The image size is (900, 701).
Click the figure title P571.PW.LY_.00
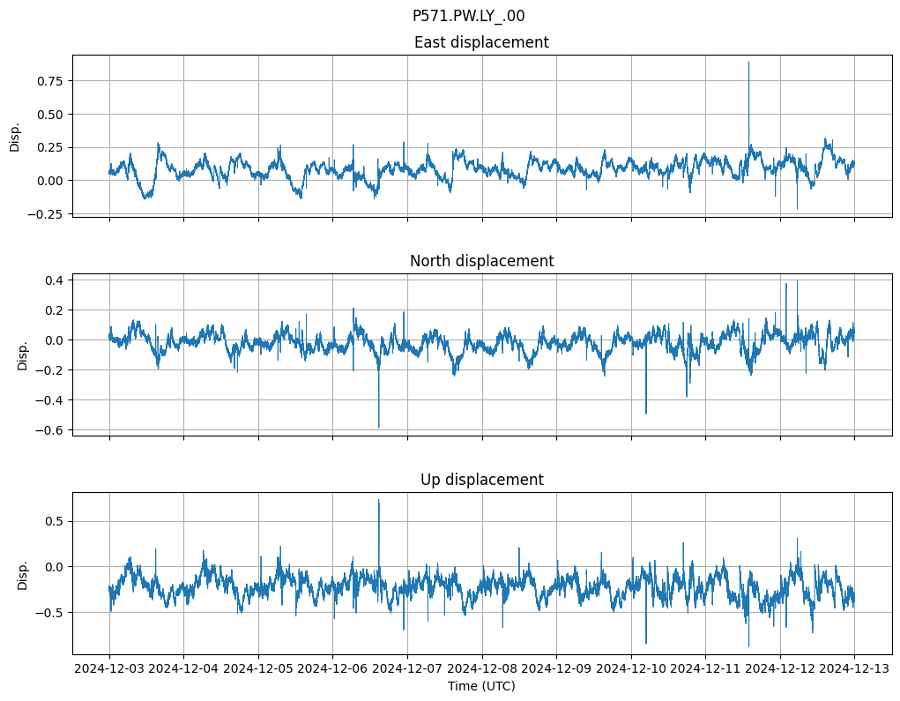[x=468, y=16]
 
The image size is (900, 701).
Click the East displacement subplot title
[x=481, y=42]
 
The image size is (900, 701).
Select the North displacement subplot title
[x=481, y=261]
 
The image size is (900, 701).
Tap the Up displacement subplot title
[x=481, y=480]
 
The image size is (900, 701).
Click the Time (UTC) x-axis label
[x=481, y=685]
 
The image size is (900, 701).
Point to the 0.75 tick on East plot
[x=49, y=81]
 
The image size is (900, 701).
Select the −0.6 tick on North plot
[x=49, y=430]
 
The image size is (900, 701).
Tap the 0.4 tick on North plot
[x=53, y=280]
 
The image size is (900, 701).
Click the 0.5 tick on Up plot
[x=53, y=521]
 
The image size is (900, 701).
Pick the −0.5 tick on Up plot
[x=49, y=612]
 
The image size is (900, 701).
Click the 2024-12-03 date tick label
[x=109, y=668]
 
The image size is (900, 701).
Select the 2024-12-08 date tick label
[x=481, y=668]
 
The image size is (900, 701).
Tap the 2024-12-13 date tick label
[x=854, y=668]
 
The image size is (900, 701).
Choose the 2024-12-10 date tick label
[x=630, y=668]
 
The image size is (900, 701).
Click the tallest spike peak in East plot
[x=748, y=62]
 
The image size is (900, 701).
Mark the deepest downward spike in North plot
[x=379, y=428]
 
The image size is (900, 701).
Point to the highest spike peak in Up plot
[x=379, y=500]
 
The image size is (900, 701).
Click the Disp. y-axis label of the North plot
[x=23, y=354]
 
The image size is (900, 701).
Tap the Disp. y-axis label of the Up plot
[x=23, y=574]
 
